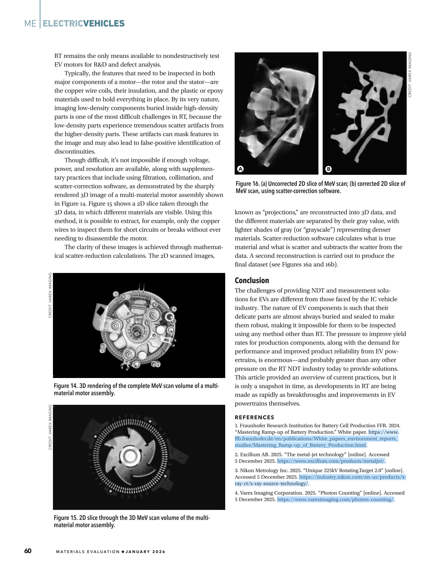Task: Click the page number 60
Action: click(x=28, y=551)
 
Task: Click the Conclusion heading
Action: click(x=252, y=280)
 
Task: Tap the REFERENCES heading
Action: click(x=254, y=417)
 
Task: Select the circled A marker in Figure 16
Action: click(x=241, y=169)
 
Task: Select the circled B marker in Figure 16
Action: click(x=328, y=169)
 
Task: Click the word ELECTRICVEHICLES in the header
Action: click(x=84, y=23)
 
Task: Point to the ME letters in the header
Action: click(x=30, y=24)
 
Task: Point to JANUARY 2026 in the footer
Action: click(x=145, y=551)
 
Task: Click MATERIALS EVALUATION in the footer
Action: click(x=87, y=551)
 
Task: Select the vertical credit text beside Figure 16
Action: click(x=410, y=75)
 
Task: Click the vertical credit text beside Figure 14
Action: click(x=50, y=295)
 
